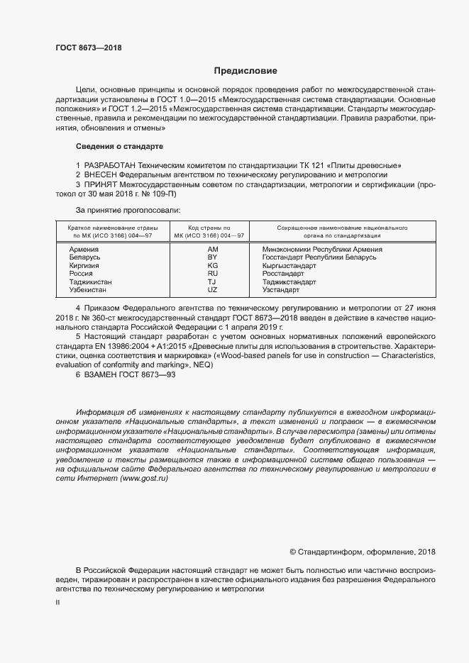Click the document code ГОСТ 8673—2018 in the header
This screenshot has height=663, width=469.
click(x=89, y=48)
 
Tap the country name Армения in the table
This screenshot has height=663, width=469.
click(x=84, y=250)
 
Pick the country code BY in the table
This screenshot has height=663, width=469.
click(x=212, y=257)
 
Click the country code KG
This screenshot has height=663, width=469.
click(x=212, y=265)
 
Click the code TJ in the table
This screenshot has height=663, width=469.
click(x=212, y=282)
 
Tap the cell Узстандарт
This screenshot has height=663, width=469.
click(x=281, y=290)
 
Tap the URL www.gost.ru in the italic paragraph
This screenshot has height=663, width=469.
click(x=145, y=479)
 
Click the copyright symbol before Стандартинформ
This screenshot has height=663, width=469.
click(x=294, y=552)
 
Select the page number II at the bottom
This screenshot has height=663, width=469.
click(x=57, y=602)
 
